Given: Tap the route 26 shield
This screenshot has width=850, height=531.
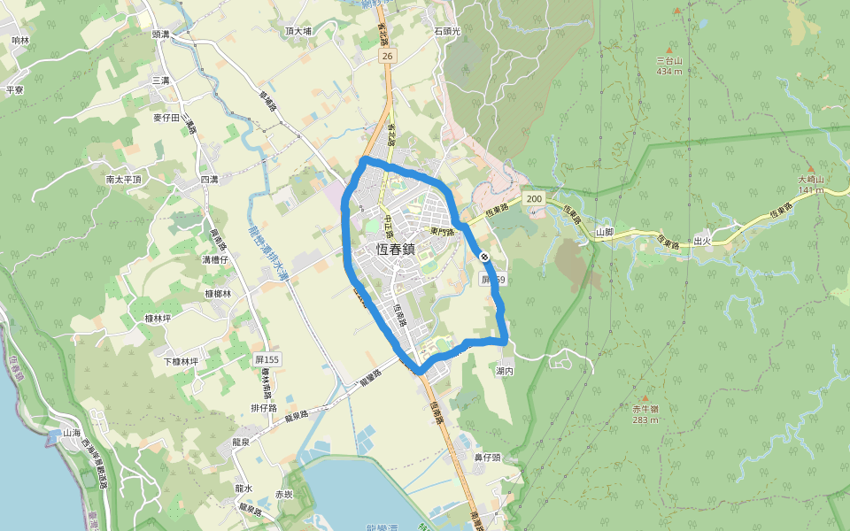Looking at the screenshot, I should click(386, 56).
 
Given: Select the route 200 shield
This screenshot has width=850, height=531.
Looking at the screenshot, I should click(533, 199).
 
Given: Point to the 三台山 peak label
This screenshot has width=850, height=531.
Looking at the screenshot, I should click(669, 60).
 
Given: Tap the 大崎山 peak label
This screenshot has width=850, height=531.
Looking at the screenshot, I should click(811, 179).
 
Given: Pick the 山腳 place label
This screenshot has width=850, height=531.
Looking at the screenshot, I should click(605, 232).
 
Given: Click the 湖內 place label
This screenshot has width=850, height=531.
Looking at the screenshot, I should click(505, 371).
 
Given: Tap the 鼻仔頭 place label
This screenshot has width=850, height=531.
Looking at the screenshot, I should click(487, 458).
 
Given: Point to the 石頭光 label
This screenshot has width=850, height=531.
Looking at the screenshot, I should click(447, 31).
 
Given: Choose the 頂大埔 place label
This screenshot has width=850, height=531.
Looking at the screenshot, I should click(298, 32).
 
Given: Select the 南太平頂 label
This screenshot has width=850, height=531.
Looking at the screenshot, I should click(124, 179).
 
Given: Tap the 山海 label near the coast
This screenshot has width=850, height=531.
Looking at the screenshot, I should click(72, 433).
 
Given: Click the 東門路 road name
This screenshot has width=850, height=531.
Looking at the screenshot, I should click(442, 232).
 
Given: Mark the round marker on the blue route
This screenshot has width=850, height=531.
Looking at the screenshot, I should click(485, 257).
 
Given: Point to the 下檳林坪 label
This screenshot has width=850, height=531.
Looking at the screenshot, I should click(181, 361).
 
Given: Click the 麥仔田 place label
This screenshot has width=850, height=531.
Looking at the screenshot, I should click(166, 117).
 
